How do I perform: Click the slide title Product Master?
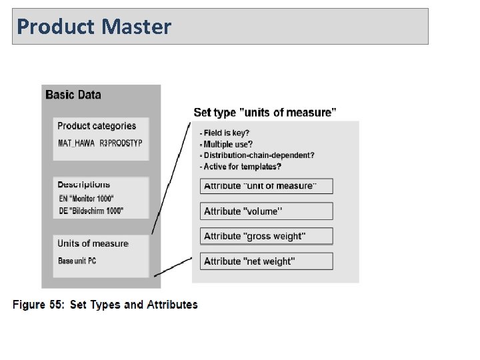pyautogui.click(x=94, y=27)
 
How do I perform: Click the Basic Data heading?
pyautogui.click(x=73, y=95)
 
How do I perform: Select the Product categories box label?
pyautogui.click(x=97, y=126)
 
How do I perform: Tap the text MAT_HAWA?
pyautogui.click(x=77, y=143)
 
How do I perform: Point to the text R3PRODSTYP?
pyautogui.click(x=121, y=143)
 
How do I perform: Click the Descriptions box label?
pyautogui.click(x=84, y=185)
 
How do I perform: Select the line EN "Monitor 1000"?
pyautogui.click(x=87, y=199)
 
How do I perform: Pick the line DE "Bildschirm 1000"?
pyautogui.click(x=91, y=211)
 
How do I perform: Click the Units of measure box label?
pyautogui.click(x=93, y=243)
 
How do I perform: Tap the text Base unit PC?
pyautogui.click(x=77, y=261)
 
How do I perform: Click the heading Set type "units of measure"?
pyautogui.click(x=265, y=113)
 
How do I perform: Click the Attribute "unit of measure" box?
pyautogui.click(x=266, y=186)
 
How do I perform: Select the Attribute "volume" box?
pyautogui.click(x=266, y=211)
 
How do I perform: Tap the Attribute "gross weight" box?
pyautogui.click(x=266, y=237)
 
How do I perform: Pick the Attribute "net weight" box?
pyautogui.click(x=266, y=261)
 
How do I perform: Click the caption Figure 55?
pyautogui.click(x=105, y=305)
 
